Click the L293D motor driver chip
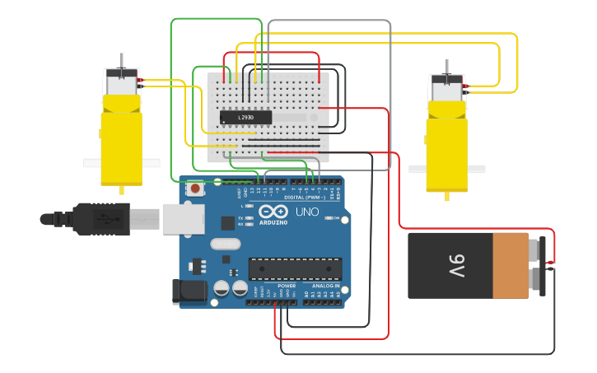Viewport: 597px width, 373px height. click(245, 117)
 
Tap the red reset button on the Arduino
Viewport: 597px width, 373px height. click(195, 189)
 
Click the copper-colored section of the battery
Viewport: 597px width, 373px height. click(511, 265)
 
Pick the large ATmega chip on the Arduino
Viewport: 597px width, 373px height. click(295, 269)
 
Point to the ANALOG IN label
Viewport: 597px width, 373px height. click(323, 286)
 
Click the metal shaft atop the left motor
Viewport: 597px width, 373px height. click(122, 61)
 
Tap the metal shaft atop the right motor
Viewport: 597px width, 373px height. click(447, 67)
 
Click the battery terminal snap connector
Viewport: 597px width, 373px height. click(541, 265)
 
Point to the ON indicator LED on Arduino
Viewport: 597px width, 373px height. click(326, 218)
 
